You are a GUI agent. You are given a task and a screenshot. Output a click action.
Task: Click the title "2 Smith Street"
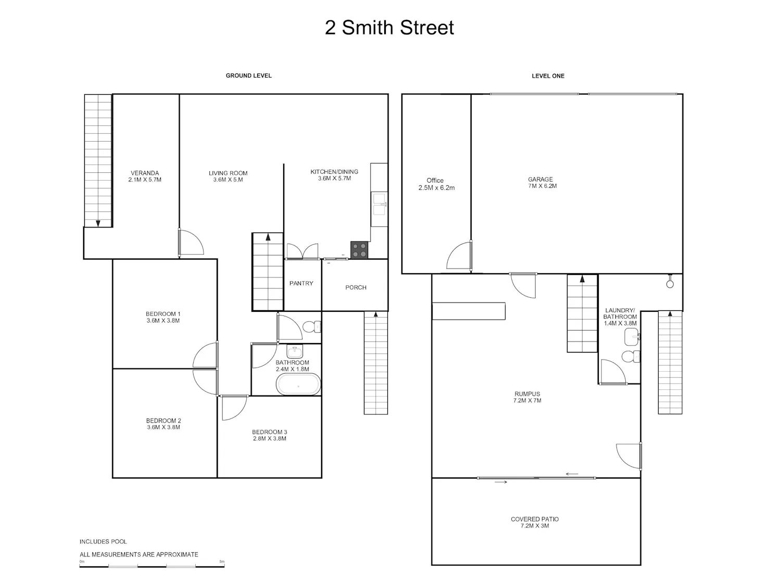pos(389,28)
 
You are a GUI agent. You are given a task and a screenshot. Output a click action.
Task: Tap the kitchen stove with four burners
pos(359,250)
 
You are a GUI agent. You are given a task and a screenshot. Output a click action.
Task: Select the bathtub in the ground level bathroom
pos(298,384)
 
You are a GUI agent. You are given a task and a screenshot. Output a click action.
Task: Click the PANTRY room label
pos(301,283)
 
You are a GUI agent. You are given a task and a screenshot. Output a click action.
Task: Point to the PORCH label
pos(356,287)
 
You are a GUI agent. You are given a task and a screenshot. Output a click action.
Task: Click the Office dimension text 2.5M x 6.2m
pos(436,188)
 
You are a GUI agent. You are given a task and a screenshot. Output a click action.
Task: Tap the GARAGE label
pos(540,179)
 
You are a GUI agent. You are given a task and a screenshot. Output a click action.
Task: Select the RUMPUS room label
pos(527,394)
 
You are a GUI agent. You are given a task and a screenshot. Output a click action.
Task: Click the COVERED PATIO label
pos(535,519)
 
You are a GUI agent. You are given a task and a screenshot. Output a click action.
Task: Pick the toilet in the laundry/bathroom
pos(631,357)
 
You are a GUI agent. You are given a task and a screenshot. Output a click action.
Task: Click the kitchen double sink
pos(379,204)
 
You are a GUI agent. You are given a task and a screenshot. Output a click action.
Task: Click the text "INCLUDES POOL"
pos(103,541)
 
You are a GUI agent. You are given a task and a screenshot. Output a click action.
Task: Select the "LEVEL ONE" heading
pos(548,76)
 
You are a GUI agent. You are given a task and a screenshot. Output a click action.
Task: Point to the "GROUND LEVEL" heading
pos(249,75)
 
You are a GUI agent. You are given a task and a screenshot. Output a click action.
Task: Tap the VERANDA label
pos(144,173)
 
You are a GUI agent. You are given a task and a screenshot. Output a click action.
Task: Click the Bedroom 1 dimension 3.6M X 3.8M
pos(163,321)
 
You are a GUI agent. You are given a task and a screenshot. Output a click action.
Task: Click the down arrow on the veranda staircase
pos(98,223)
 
